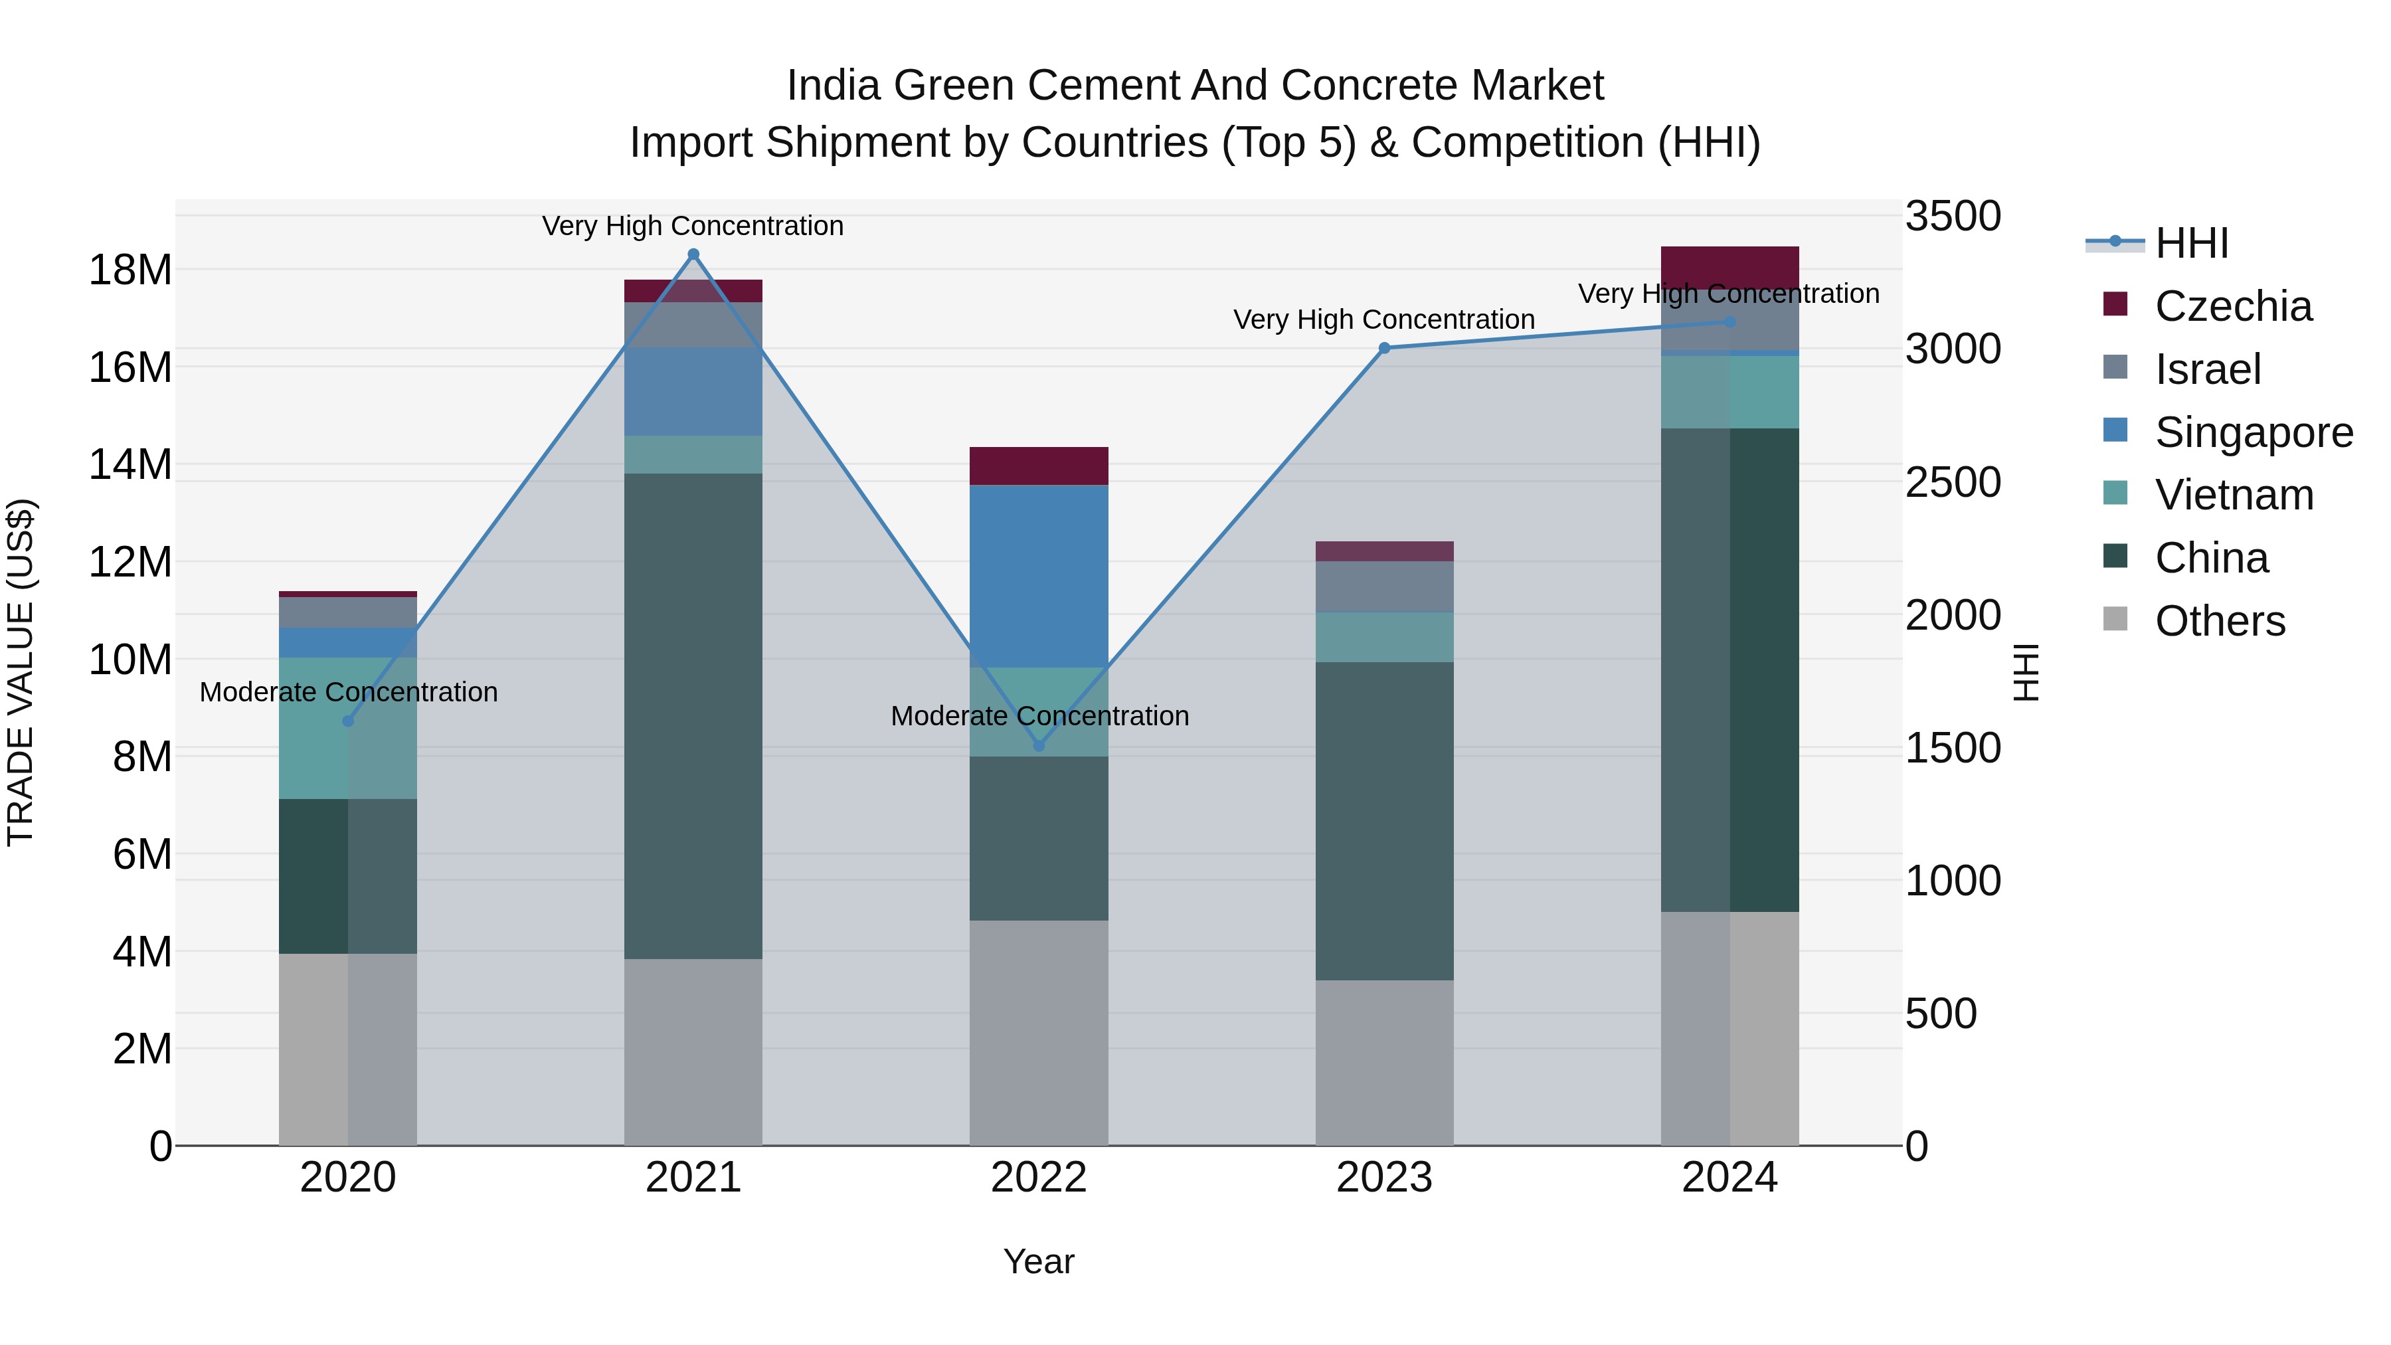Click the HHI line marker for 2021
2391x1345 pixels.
(x=693, y=254)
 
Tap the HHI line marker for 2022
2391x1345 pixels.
(x=1039, y=745)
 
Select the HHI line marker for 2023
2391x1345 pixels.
(x=1384, y=348)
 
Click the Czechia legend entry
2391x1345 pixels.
(x=2232, y=306)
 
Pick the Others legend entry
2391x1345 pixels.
(x=2218, y=621)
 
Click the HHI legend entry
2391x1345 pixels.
(x=2190, y=243)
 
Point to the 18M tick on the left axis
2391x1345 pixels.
(x=130, y=270)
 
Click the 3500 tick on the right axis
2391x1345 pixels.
(x=1953, y=217)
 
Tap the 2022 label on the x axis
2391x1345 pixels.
(x=1039, y=1178)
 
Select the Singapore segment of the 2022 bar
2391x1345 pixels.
(x=1039, y=575)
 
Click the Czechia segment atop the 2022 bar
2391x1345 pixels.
(x=1039, y=466)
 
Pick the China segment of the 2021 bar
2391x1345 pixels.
(x=693, y=715)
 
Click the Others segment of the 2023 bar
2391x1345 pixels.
(x=1384, y=1063)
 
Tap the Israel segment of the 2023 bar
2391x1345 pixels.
(x=1384, y=586)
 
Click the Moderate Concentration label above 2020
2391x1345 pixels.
(x=348, y=693)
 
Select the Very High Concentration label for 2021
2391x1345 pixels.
(x=693, y=226)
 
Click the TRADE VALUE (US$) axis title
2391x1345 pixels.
(x=21, y=672)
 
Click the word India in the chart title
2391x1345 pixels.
(x=833, y=86)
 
